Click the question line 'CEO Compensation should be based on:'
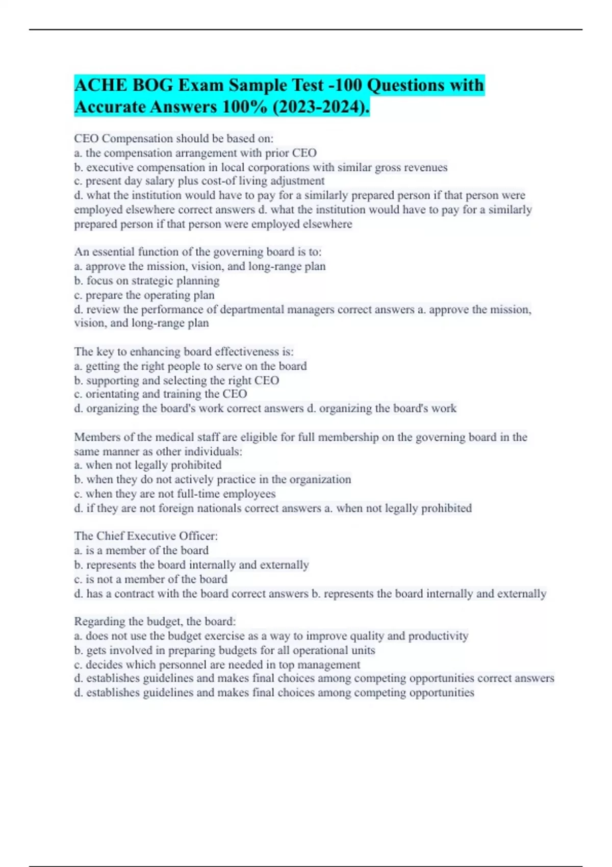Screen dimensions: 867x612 click(x=173, y=138)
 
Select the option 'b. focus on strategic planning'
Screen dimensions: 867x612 click(x=147, y=280)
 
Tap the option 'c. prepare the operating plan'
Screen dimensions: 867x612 click(x=144, y=295)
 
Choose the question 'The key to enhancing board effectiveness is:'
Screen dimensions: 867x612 click(x=184, y=351)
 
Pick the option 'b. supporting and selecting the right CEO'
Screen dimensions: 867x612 click(x=176, y=380)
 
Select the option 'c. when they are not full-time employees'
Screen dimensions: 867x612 click(x=175, y=494)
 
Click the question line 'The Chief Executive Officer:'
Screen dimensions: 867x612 click(x=146, y=536)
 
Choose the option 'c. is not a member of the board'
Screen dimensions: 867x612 click(x=150, y=579)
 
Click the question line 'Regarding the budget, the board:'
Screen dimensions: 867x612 click(x=155, y=621)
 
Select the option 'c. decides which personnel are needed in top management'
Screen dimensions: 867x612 click(x=217, y=665)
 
